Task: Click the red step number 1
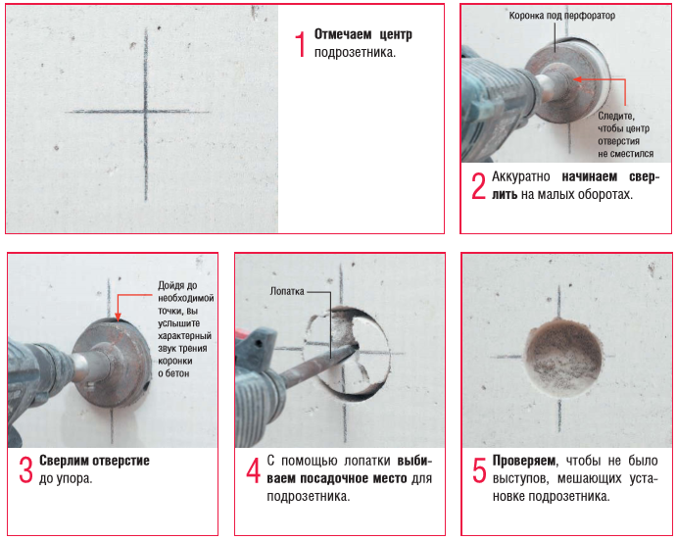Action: click(x=301, y=44)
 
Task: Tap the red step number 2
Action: click(x=479, y=186)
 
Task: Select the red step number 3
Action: click(x=25, y=470)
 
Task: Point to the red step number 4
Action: click(x=254, y=470)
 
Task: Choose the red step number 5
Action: click(x=479, y=470)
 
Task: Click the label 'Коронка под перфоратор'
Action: click(x=561, y=16)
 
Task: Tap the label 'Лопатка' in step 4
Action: click(x=287, y=291)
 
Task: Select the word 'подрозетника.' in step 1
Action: click(x=355, y=53)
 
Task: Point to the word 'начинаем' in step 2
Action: click(x=590, y=176)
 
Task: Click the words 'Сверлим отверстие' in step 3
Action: click(x=95, y=461)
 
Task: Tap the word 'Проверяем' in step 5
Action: click(x=524, y=461)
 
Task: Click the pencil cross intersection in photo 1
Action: click(x=146, y=112)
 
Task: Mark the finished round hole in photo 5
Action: click(x=563, y=358)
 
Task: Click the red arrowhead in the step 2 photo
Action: click(x=577, y=79)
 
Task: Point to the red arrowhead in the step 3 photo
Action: click(x=118, y=317)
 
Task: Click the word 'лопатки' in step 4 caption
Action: click(x=366, y=461)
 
